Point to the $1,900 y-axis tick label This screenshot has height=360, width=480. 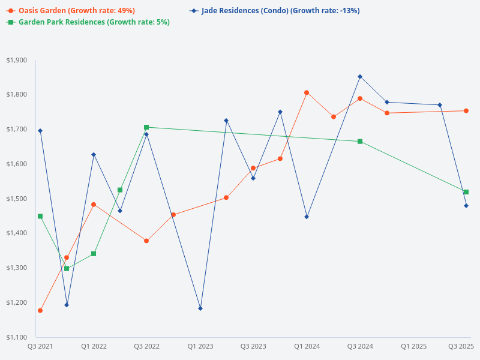pos(16,60)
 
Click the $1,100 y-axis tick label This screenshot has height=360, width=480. pos(16,337)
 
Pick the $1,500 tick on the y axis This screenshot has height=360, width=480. pos(16,199)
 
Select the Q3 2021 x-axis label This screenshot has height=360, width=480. pos(40,346)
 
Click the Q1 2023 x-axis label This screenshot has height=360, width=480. pos(200,346)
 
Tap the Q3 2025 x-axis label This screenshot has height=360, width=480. pos(461,346)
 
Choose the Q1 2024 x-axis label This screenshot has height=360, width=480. pos(307,346)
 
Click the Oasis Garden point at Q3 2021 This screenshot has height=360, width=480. pos(40,311)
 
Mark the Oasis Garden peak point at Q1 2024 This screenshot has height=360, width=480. pos(307,92)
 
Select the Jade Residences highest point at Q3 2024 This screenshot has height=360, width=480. pos(360,77)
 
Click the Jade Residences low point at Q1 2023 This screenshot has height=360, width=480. pos(200,308)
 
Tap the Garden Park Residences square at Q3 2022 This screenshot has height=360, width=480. pos(146,127)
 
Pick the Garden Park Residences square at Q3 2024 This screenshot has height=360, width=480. pos(360,142)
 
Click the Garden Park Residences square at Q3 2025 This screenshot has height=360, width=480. pos(466,192)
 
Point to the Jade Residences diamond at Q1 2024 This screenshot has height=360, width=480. pos(307,217)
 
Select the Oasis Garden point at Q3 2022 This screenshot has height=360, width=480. pos(146,241)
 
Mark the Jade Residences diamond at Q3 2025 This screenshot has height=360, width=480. pos(466,206)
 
